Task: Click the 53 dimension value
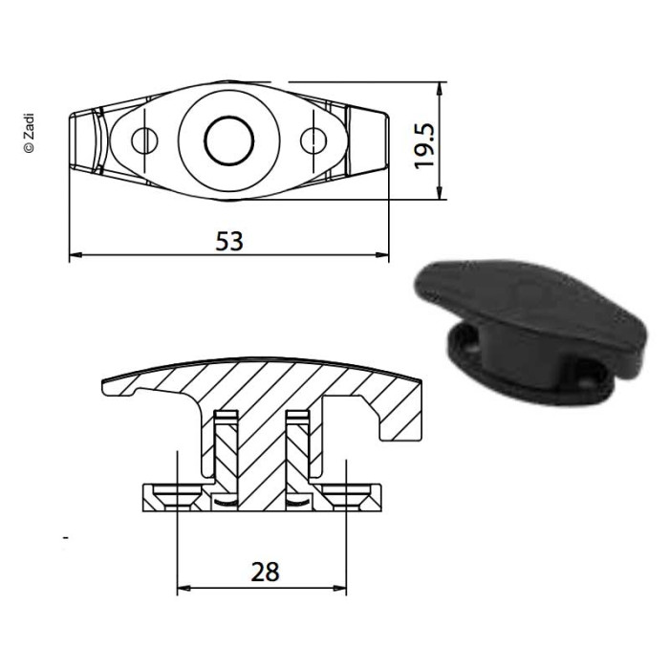tap(229, 241)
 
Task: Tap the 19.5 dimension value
tap(424, 146)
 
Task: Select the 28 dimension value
tap(265, 572)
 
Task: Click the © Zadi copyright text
tap(29, 133)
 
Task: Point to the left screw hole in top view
tap(144, 140)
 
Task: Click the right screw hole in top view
tap(313, 140)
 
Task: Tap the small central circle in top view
tap(229, 140)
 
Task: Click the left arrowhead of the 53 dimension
tap(76, 255)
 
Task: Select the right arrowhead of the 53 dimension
tap(382, 255)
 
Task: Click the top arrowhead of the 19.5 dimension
tap(440, 88)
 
